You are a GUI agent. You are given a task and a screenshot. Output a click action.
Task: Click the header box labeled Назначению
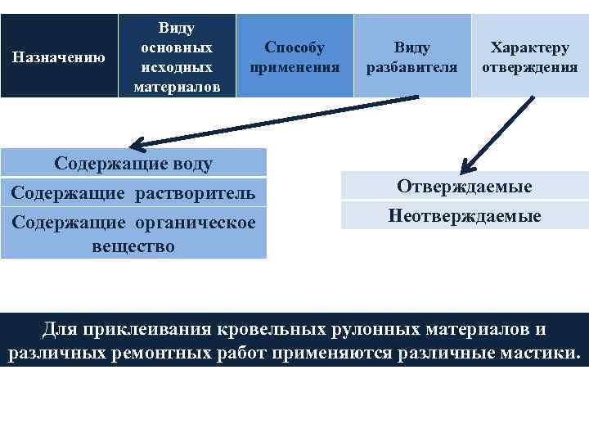click(59, 56)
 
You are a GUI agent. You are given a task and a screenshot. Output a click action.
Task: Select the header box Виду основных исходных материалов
click(177, 56)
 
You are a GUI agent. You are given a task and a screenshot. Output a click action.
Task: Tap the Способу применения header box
click(294, 56)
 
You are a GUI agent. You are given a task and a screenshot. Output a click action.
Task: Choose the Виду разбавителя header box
click(412, 56)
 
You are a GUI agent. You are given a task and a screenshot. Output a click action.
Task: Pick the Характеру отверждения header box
click(530, 56)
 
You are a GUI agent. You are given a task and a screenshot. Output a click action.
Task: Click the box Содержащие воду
click(133, 163)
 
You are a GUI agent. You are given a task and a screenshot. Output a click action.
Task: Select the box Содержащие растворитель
click(133, 193)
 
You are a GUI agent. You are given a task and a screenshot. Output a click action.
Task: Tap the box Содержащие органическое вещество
click(133, 234)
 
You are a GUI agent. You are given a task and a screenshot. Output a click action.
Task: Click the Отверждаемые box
click(464, 187)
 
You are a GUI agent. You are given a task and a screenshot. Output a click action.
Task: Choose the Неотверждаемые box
click(464, 215)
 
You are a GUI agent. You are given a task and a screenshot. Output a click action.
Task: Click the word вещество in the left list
click(133, 246)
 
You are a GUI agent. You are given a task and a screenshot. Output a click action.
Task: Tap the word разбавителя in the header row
click(411, 67)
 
